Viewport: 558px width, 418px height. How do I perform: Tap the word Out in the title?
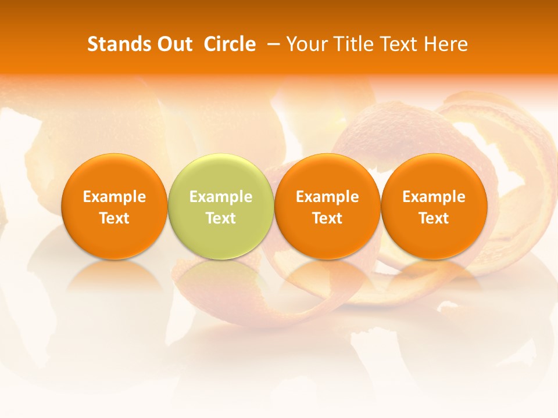tap(174, 44)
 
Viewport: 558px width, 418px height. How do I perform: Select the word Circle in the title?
tap(230, 44)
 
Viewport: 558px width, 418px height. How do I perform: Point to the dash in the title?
tap(271, 44)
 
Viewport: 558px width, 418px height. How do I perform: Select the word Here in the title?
tap(446, 44)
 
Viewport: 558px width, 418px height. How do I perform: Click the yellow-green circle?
tap(221, 206)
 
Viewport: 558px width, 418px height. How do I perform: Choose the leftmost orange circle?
tap(115, 206)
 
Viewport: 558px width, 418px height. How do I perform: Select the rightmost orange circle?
tap(434, 206)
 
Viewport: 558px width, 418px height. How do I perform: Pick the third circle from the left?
tap(327, 206)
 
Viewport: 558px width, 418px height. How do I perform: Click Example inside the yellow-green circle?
tap(221, 197)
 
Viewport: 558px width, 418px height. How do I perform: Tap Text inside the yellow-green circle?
tap(221, 218)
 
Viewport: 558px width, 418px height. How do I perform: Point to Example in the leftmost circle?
tap(115, 197)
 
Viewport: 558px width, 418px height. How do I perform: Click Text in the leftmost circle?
tap(115, 218)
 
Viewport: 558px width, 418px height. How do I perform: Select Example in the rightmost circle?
tap(434, 197)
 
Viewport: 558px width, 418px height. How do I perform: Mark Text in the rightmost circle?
tap(434, 218)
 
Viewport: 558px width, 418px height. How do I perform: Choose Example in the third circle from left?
tap(327, 197)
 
